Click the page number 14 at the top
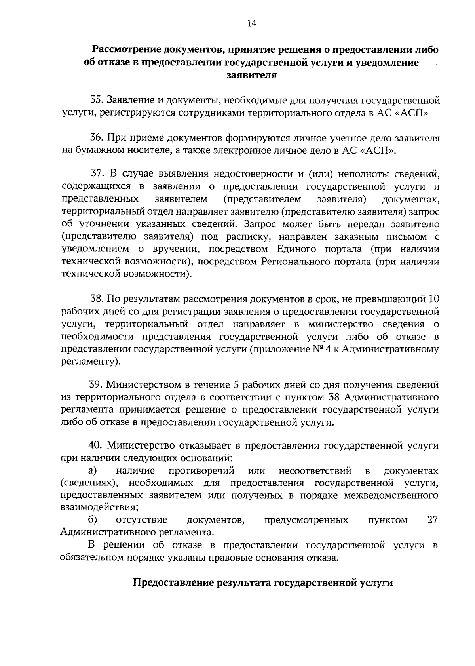coord(252,23)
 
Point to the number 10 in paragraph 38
coord(433,299)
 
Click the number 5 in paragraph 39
coord(236,385)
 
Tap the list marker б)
coord(93,519)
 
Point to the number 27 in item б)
coord(433,520)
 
